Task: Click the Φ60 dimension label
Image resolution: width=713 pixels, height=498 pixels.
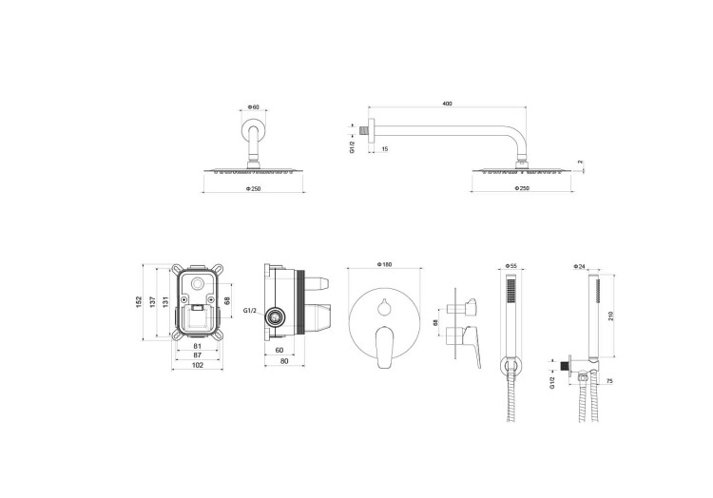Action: pyautogui.click(x=254, y=106)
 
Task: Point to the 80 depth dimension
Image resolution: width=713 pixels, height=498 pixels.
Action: pyautogui.click(x=285, y=361)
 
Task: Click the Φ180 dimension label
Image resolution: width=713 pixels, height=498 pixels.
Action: pyautogui.click(x=384, y=263)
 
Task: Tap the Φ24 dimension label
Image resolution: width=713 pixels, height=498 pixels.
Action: pyautogui.click(x=580, y=266)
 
